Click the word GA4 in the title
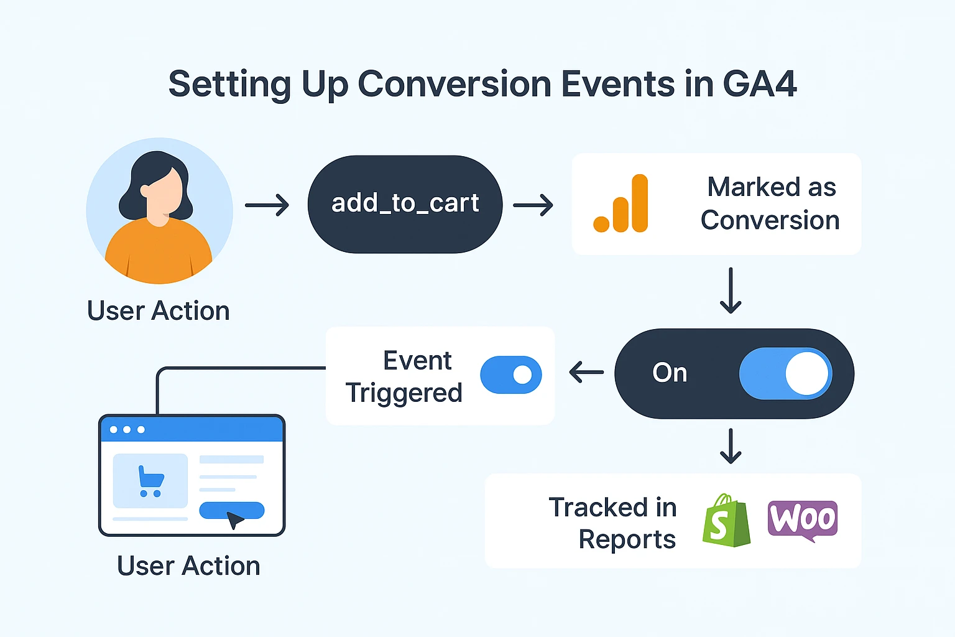(x=759, y=83)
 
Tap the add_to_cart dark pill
(x=405, y=204)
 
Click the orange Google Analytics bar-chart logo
(x=621, y=203)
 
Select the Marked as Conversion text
(x=770, y=203)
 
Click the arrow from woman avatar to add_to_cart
(x=267, y=205)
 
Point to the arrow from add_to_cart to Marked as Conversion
(x=533, y=205)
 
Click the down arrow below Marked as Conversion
(x=731, y=291)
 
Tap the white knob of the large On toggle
(x=806, y=373)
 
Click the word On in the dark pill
(x=670, y=373)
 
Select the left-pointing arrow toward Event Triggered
(x=586, y=372)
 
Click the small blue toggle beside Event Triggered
(x=510, y=374)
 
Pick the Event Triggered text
(x=404, y=376)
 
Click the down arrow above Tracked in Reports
(x=731, y=446)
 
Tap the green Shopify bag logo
(x=726, y=520)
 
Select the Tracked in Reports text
(x=612, y=523)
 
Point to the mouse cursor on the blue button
(x=234, y=519)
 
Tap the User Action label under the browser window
(x=188, y=566)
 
